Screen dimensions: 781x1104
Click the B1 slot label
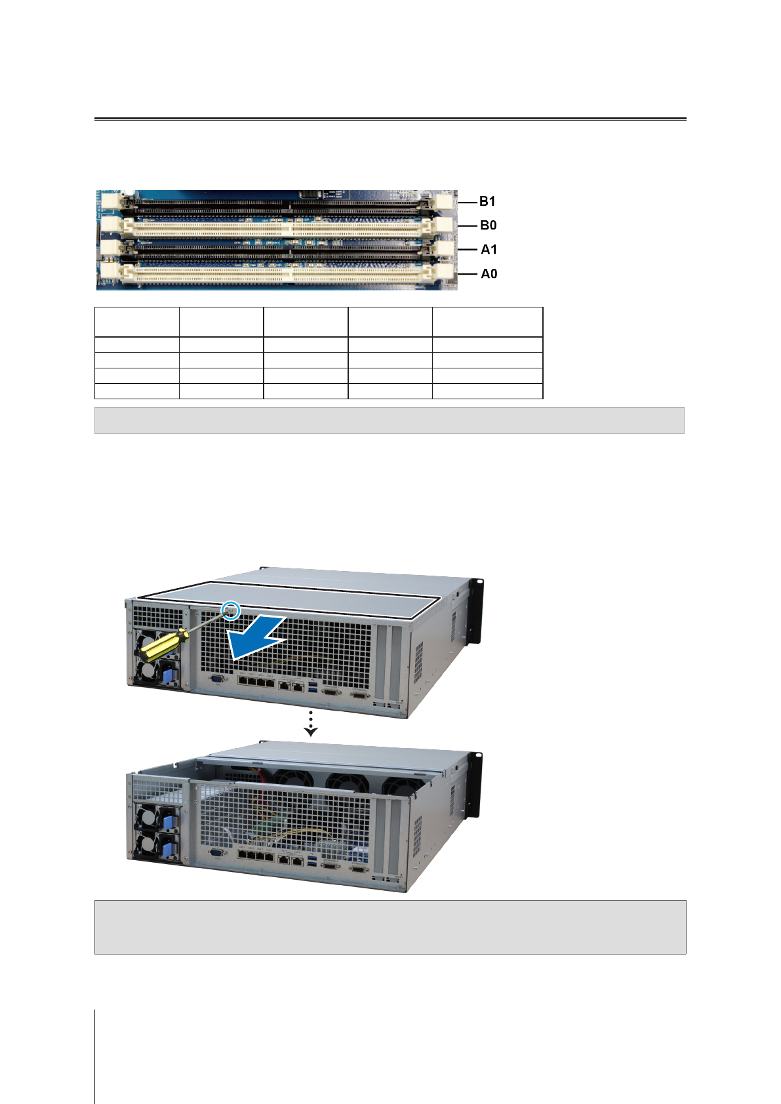coord(487,201)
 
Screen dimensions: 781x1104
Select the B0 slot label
coord(488,226)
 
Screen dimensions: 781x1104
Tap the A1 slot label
coord(489,249)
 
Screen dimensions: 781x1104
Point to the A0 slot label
coord(489,273)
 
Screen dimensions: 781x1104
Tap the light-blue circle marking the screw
coord(231,610)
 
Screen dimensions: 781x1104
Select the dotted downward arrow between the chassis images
coord(311,722)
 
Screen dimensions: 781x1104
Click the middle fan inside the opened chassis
coord(346,783)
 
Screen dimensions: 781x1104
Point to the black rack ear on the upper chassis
coord(477,610)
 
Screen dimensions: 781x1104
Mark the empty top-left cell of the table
coord(136,322)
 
